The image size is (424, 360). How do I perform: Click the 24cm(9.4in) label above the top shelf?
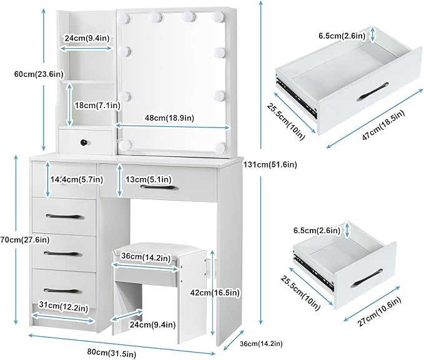87,38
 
